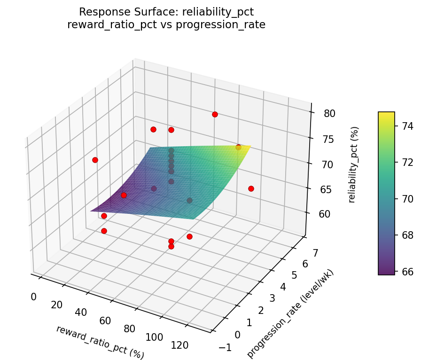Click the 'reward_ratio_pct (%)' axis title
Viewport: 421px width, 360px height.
pos(100,342)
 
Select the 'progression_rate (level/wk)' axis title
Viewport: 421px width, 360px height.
pos(290,314)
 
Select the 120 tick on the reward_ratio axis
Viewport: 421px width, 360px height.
pos(179,345)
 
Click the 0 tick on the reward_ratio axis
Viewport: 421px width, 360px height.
pos(33,297)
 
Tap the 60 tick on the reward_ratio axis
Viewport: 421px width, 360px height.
pos(105,321)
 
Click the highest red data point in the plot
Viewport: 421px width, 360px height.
pos(215,114)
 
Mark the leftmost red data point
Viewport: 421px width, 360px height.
pos(95,160)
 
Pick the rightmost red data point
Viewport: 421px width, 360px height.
pos(251,188)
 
